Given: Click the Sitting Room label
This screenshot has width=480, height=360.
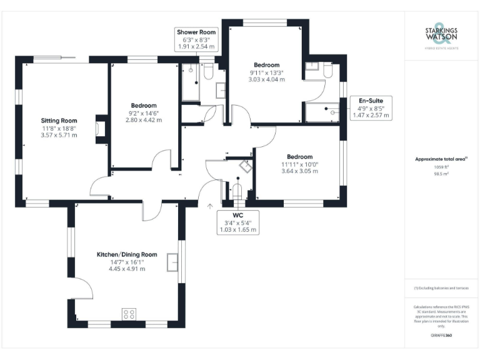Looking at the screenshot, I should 59,120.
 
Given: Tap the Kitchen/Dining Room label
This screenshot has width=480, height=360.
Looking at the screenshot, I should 126,254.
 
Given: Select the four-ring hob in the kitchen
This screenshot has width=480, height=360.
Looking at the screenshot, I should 129,314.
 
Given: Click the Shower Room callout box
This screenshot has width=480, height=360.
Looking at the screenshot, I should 197,39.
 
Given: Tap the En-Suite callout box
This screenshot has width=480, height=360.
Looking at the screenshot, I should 371,107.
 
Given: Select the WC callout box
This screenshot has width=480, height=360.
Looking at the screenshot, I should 237,222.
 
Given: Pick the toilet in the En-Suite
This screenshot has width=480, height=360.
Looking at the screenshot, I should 327,71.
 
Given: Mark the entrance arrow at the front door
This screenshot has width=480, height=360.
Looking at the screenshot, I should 210,204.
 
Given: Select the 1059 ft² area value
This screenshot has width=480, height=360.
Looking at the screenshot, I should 441,167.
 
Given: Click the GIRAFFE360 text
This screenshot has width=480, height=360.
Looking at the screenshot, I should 441,336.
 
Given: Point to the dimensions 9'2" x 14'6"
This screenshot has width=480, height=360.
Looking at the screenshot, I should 144,113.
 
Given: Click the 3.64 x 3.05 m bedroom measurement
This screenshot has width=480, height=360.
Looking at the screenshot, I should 300,171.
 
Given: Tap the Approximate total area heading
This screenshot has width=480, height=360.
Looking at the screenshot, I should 440,159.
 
